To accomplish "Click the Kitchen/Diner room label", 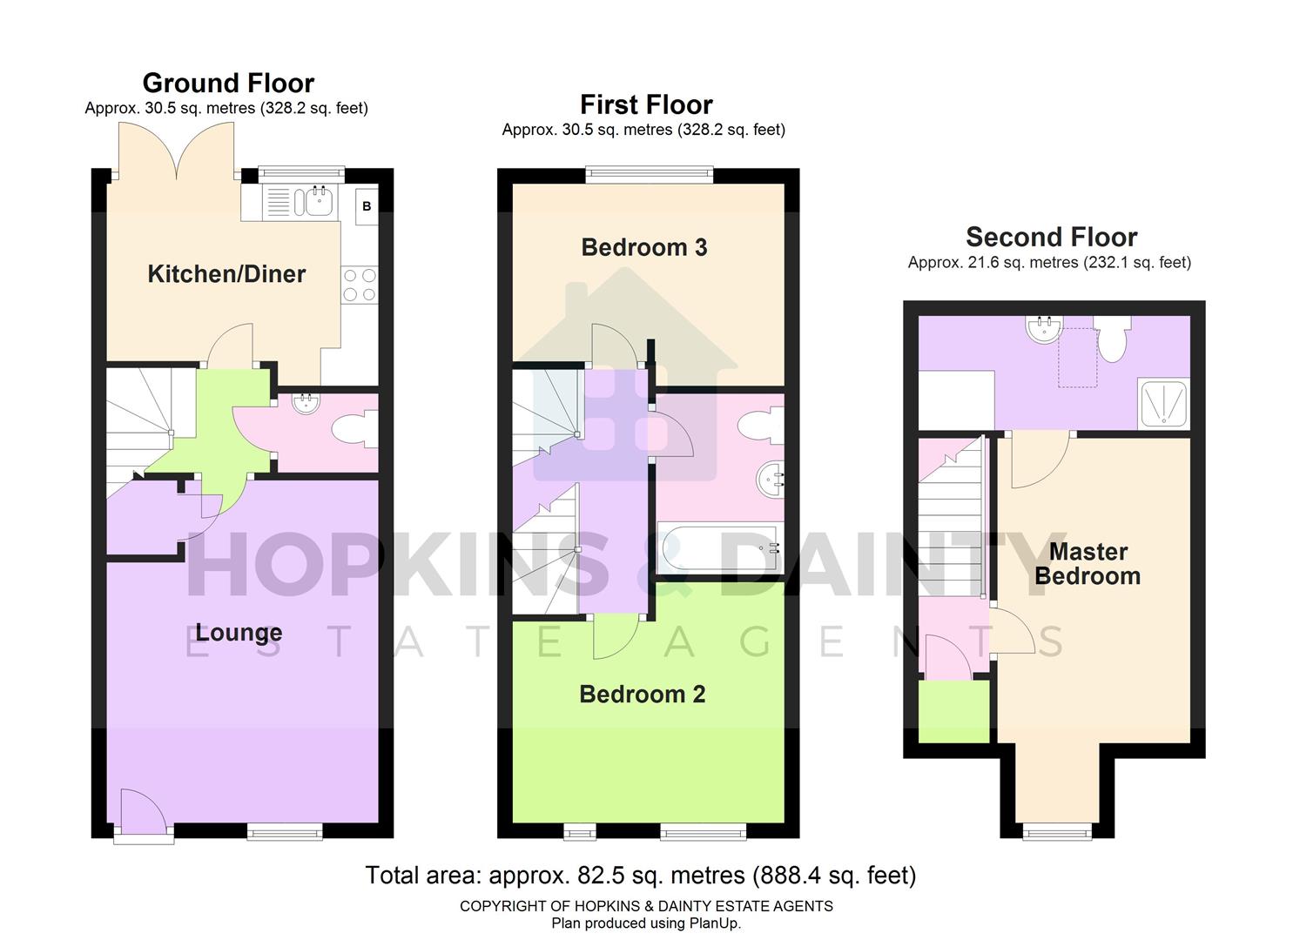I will click(226, 274).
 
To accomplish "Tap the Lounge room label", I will click(239, 633).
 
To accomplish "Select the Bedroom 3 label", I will click(644, 248).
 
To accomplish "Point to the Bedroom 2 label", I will click(643, 695).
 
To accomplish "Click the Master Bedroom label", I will click(1088, 564).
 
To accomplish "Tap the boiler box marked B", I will click(367, 206).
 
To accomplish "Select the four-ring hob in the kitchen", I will click(360, 285).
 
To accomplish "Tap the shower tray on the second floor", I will click(1163, 404).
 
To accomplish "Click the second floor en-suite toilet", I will click(1112, 339).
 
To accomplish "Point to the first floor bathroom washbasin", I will click(770, 478).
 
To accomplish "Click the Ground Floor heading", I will click(228, 83).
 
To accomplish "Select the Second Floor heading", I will click(1051, 237).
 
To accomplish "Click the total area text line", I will click(640, 875).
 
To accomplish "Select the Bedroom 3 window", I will click(650, 175).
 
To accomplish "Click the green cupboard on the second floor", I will click(954, 711).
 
